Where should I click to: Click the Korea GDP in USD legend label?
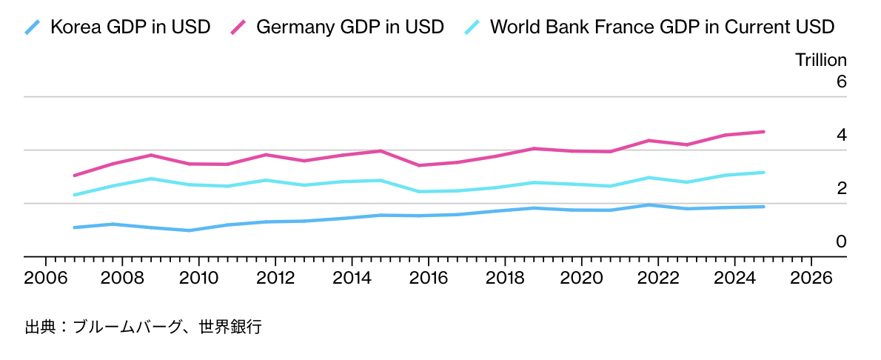pyautogui.click(x=130, y=27)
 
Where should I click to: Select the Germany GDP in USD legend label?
pyautogui.click(x=349, y=27)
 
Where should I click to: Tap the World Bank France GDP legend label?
pyautogui.click(x=662, y=27)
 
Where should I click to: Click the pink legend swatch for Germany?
pyautogui.click(x=238, y=28)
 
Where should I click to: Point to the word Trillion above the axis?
pyautogui.click(x=820, y=61)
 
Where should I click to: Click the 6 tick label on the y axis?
pyautogui.click(x=841, y=82)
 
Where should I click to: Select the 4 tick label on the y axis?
pyautogui.click(x=841, y=136)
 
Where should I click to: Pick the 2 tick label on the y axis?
pyautogui.click(x=841, y=189)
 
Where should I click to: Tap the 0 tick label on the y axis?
pyautogui.click(x=841, y=242)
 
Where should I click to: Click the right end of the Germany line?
pyautogui.click(x=763, y=132)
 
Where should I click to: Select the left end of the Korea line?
pyautogui.click(x=75, y=227)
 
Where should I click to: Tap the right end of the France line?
pyautogui.click(x=763, y=173)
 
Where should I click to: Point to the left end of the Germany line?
pyautogui.click(x=75, y=176)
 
